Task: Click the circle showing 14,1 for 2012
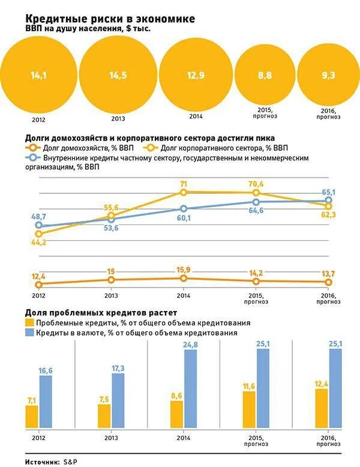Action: pyautogui.click(x=37, y=75)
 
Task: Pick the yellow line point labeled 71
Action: pyautogui.click(x=184, y=192)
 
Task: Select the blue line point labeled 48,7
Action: pyautogui.click(x=39, y=226)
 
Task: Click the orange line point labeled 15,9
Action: pyautogui.click(x=184, y=278)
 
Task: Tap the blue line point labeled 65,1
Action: pyautogui.click(x=329, y=201)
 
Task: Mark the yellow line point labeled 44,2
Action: pyautogui.click(x=39, y=234)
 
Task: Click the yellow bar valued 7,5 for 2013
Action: pyautogui.click(x=104, y=414)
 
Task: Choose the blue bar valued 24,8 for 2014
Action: pyautogui.click(x=190, y=388)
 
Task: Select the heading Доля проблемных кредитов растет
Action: pyautogui.click(x=101, y=313)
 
